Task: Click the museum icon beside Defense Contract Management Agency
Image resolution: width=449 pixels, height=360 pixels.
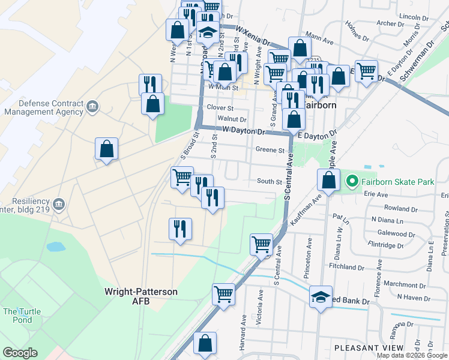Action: click(92, 107)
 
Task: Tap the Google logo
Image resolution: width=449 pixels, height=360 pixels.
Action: click(20, 353)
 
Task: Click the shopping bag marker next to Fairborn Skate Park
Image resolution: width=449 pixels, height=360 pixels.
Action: click(329, 180)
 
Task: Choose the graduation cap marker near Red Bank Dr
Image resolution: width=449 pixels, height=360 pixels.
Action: click(321, 297)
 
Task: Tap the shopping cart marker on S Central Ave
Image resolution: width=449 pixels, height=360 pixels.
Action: click(261, 244)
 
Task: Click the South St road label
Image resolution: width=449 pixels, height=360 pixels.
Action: click(270, 181)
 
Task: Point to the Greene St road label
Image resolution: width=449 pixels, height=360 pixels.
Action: click(270, 150)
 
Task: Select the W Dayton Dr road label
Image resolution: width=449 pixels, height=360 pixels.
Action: click(243, 131)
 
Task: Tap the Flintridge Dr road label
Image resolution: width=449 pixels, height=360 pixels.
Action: click(386, 245)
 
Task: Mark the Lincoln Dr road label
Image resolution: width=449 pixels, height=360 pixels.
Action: click(412, 17)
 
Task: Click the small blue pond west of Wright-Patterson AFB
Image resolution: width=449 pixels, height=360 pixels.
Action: click(55, 247)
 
